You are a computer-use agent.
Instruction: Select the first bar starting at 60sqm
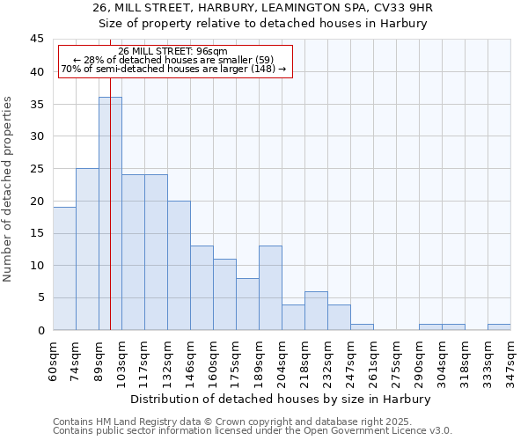pos(64,268)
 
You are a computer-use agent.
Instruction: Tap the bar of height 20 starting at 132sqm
pos(179,265)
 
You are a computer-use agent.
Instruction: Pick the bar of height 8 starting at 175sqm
pos(247,304)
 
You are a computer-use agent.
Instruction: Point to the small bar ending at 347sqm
pos(499,326)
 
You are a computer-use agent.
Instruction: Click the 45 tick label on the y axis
pos(37,40)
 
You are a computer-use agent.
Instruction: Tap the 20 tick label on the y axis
pos(37,201)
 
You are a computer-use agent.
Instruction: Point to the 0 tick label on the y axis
pos(40,330)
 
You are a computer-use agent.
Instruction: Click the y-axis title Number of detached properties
pos(9,188)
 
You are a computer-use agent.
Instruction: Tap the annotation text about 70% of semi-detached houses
pos(173,69)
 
